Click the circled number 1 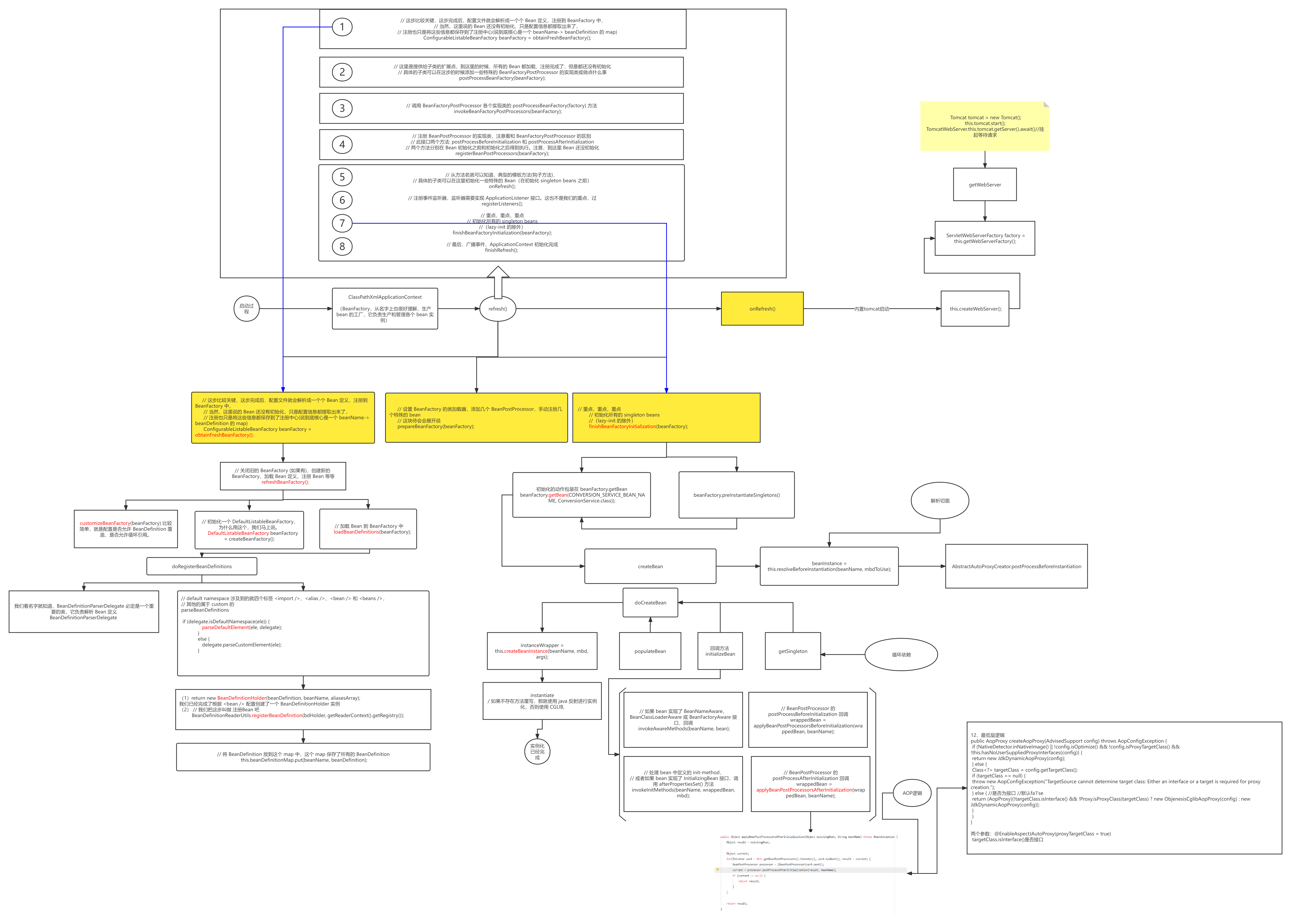tap(342, 27)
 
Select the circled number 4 tap(342, 145)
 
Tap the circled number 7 tap(342, 223)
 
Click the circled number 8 tap(342, 246)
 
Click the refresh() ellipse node tap(498, 309)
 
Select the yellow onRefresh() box tap(762, 309)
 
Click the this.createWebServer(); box tap(975, 309)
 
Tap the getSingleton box tap(793, 651)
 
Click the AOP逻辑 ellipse tap(912, 793)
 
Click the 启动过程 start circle tap(246, 308)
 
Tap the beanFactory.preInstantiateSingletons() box tap(736, 495)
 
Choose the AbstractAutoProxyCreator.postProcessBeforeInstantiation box tap(1016, 566)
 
